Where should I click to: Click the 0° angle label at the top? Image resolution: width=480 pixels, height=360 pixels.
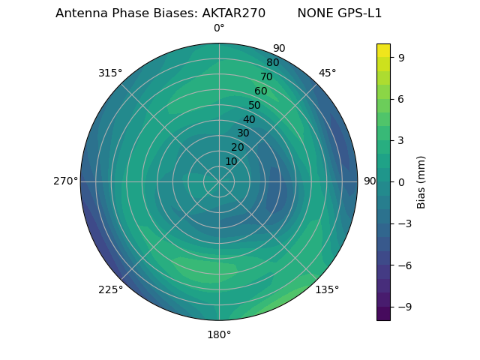[219, 28]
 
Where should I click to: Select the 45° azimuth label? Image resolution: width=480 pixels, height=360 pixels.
[327, 73]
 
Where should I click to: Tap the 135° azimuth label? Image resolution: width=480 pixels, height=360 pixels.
[327, 289]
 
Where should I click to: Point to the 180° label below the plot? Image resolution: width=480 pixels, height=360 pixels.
[219, 334]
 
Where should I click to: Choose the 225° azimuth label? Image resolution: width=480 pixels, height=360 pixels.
[110, 289]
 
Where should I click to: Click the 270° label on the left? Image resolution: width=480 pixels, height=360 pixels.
[65, 181]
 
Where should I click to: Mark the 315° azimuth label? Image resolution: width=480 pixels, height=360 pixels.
[110, 73]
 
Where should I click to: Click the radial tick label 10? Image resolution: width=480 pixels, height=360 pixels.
[231, 161]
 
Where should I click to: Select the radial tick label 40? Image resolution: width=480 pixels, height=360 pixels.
[249, 120]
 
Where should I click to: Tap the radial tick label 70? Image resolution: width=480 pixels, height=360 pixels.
[266, 76]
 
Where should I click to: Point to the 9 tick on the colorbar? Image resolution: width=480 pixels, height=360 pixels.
[401, 57]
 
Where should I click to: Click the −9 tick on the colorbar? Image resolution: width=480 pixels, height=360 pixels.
[403, 307]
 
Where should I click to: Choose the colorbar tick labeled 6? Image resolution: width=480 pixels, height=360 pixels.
[401, 98]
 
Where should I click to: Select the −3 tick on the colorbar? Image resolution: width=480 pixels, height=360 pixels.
[403, 223]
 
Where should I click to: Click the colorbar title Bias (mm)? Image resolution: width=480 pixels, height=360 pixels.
[421, 181]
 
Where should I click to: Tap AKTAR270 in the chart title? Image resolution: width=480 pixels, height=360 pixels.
[233, 13]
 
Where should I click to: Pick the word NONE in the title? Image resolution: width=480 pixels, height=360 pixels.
[313, 13]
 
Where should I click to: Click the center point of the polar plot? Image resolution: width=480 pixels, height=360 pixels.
[219, 181]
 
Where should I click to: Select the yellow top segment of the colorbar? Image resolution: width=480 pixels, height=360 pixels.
[383, 50]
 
